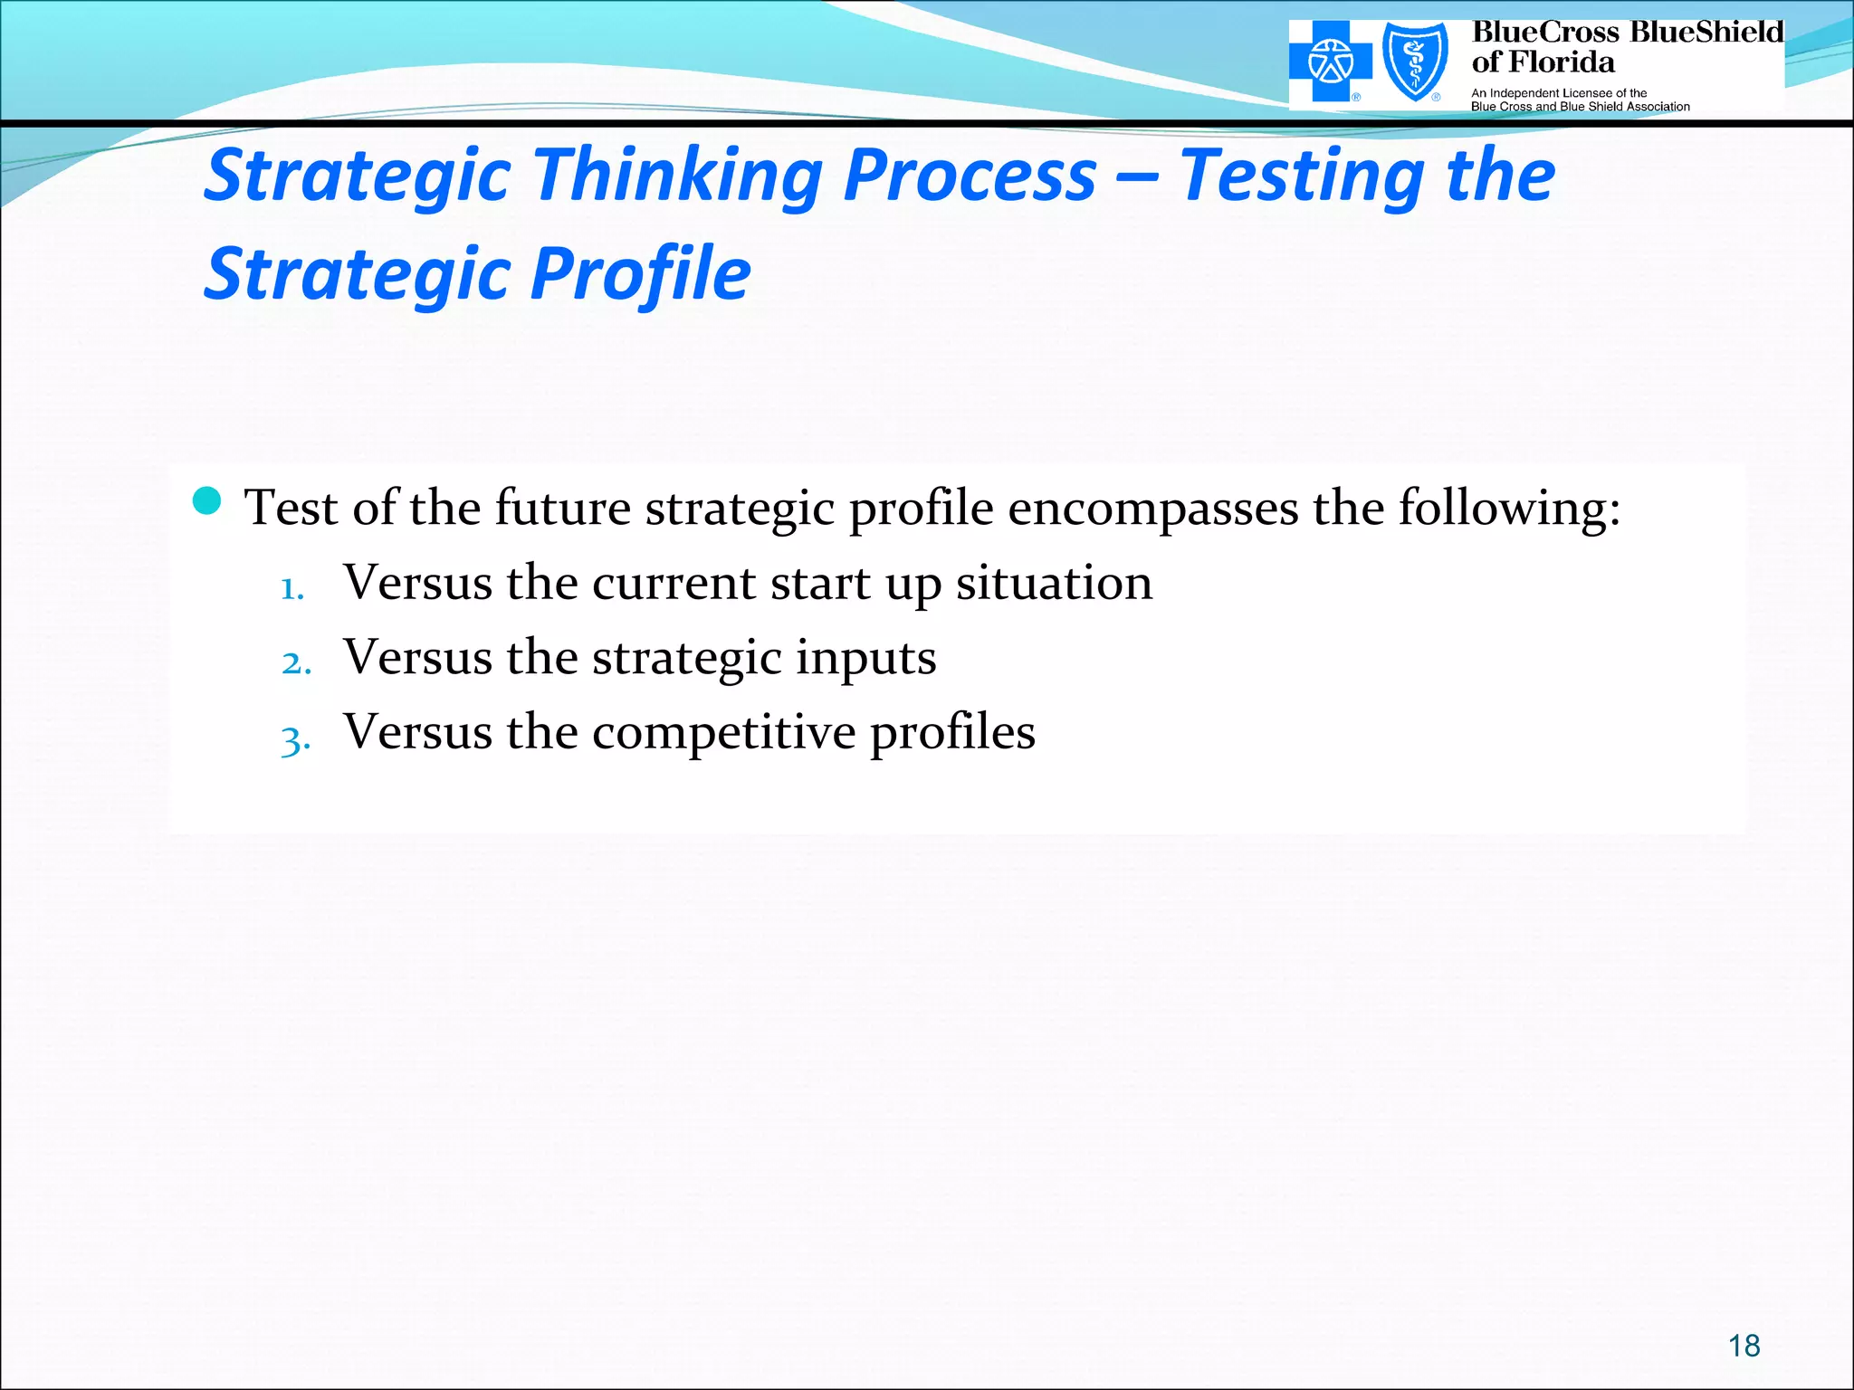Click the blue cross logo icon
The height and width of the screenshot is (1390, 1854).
point(1331,62)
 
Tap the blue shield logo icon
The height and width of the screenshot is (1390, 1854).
point(1414,62)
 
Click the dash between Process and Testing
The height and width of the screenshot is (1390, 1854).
point(1137,175)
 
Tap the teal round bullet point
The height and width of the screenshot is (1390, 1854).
point(207,500)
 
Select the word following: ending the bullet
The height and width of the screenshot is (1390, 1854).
point(1509,508)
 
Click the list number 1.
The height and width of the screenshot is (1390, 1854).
point(291,589)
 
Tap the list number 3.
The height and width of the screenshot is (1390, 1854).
point(295,739)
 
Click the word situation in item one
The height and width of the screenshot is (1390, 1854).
point(1054,582)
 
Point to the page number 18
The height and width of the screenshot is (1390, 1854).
point(1744,1346)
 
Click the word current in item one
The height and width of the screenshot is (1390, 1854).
point(674,582)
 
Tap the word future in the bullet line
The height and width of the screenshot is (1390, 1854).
point(562,508)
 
